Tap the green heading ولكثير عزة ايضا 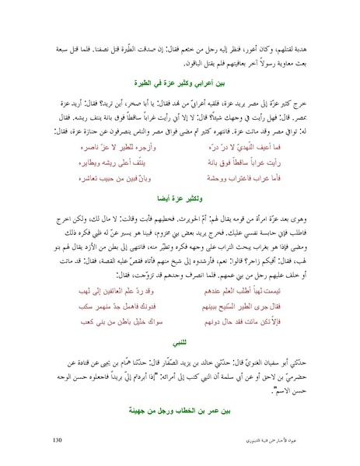click(180, 198)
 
